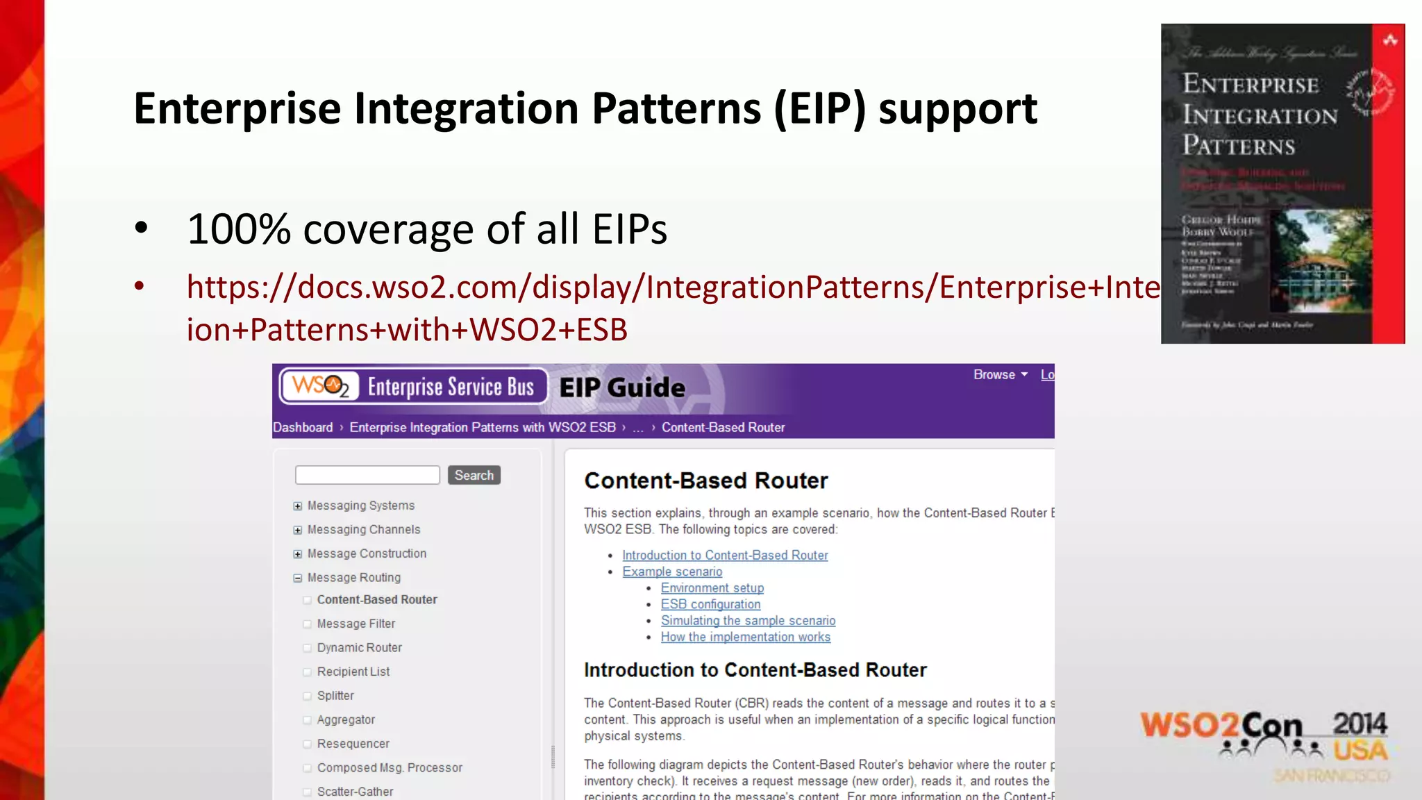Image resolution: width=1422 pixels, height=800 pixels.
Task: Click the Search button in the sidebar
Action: click(x=474, y=475)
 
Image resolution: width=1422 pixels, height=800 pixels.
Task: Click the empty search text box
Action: click(x=367, y=475)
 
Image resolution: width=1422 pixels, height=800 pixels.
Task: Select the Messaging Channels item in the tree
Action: click(x=363, y=529)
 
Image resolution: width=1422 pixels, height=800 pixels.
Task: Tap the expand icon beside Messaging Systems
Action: click(x=298, y=506)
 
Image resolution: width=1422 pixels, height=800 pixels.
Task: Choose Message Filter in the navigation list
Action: click(x=355, y=624)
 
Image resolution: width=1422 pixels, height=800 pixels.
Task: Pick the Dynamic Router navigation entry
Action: click(x=359, y=647)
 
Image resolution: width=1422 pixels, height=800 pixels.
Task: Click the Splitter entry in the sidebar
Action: click(x=335, y=695)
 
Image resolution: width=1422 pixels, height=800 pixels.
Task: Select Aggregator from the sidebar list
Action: click(x=346, y=719)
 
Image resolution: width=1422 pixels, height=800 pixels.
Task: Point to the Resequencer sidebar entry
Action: click(x=353, y=744)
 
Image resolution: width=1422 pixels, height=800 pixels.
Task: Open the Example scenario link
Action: click(x=672, y=572)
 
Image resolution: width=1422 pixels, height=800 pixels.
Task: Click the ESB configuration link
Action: click(x=710, y=604)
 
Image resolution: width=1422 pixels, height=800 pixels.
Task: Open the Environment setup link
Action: click(x=712, y=588)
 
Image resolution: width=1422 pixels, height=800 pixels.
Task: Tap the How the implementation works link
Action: click(x=745, y=637)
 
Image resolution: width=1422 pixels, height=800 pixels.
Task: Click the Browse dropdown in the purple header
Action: click(x=1000, y=375)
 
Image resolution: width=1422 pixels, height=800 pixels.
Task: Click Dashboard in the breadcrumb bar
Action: click(x=303, y=428)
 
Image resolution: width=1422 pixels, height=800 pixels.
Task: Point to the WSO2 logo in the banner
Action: click(x=320, y=386)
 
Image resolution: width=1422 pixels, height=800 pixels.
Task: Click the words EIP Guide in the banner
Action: click(x=622, y=387)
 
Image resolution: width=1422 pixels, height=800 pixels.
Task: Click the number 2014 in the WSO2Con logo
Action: click(x=1360, y=724)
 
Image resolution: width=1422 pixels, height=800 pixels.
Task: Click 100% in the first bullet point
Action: click(x=238, y=229)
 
